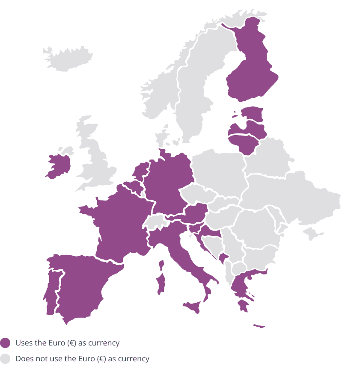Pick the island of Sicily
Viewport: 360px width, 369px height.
193,307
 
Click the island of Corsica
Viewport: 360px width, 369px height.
162,266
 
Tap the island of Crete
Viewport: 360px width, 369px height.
259,326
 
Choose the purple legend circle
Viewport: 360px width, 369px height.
5,343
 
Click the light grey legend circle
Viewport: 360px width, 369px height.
5,359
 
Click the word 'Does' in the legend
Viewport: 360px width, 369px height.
23,359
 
